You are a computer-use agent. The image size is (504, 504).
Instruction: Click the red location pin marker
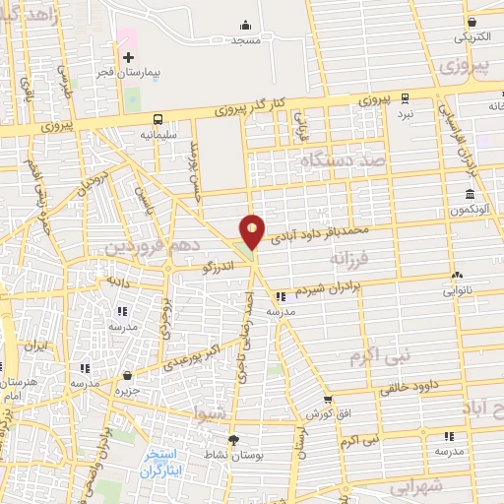click(x=253, y=230)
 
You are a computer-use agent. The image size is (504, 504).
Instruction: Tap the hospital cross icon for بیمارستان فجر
click(x=128, y=57)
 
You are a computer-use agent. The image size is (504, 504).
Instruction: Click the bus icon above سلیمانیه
click(x=157, y=116)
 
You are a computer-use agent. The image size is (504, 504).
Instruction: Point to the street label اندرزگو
click(x=216, y=265)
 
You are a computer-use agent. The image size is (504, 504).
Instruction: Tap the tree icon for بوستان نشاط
click(x=233, y=439)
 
